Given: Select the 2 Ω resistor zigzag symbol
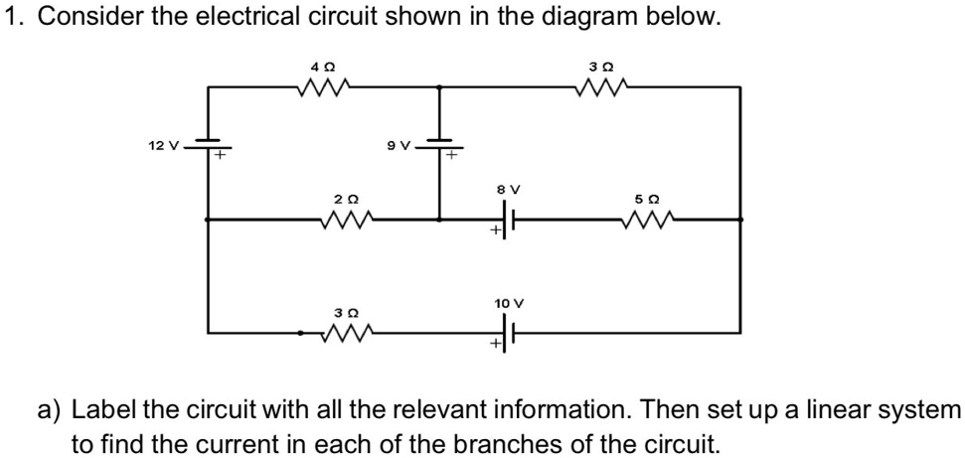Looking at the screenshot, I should [x=346, y=218].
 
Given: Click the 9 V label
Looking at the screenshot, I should [x=399, y=146].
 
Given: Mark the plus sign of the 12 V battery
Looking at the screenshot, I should [x=223, y=155].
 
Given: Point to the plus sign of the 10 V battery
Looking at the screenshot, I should [x=493, y=345].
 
